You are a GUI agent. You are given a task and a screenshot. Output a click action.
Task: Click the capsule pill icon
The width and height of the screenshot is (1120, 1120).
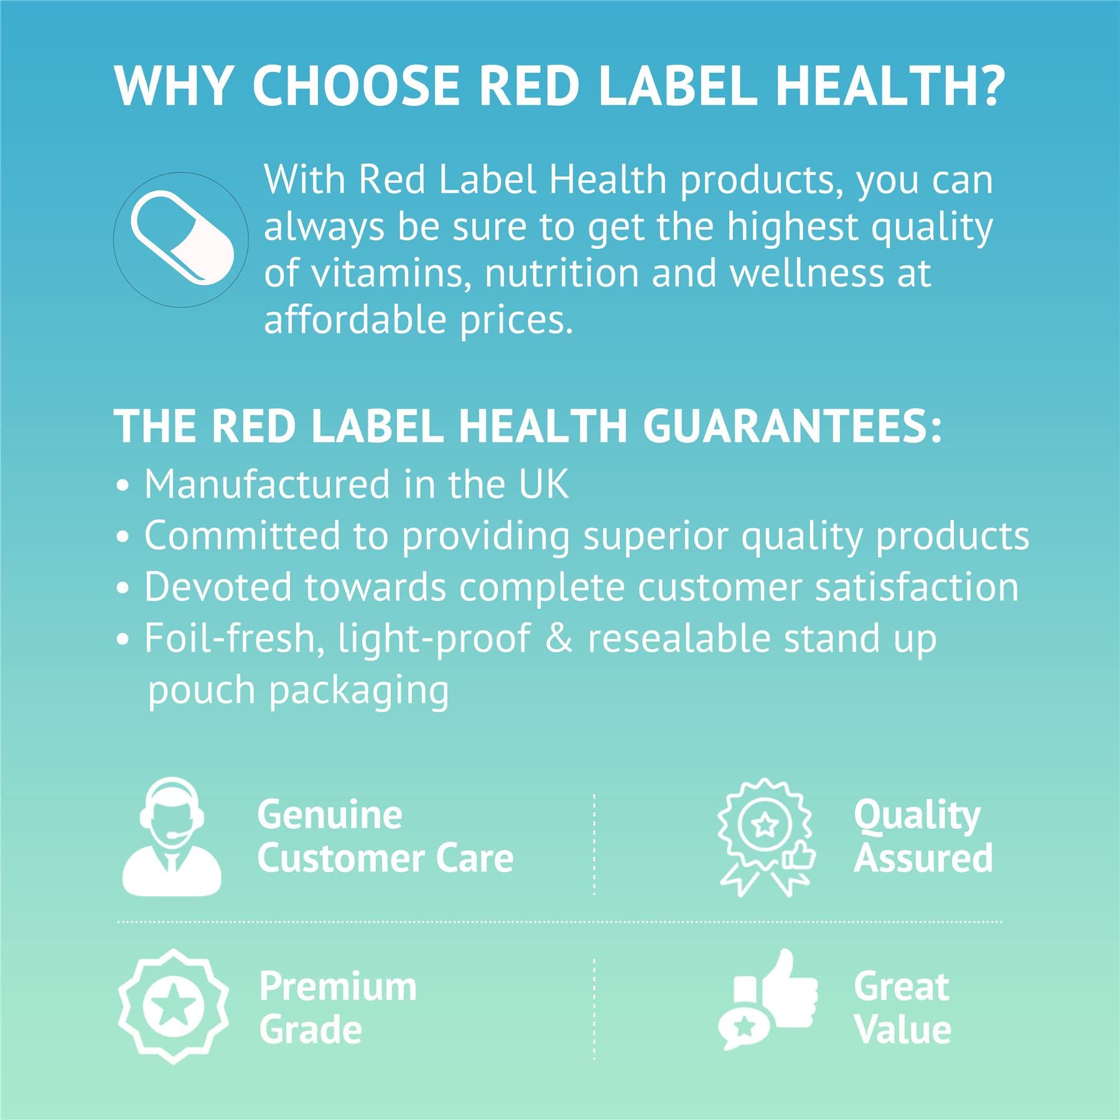click(x=182, y=239)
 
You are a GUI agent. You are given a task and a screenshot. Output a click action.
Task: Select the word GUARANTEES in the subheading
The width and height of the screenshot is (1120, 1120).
click(x=791, y=426)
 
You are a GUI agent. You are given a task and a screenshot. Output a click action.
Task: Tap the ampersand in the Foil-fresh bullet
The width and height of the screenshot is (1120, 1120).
click(x=559, y=639)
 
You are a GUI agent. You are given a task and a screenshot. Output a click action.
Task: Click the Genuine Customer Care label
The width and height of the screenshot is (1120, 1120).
click(x=385, y=836)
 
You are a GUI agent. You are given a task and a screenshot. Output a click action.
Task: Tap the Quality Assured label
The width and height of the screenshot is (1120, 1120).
click(x=923, y=836)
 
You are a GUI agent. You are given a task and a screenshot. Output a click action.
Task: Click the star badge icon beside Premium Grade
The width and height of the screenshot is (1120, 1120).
click(x=173, y=1006)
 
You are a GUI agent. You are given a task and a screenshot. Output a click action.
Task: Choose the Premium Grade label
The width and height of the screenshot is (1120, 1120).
click(x=338, y=1008)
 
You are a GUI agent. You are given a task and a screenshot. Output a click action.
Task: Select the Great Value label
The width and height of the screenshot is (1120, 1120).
click(x=902, y=1008)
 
